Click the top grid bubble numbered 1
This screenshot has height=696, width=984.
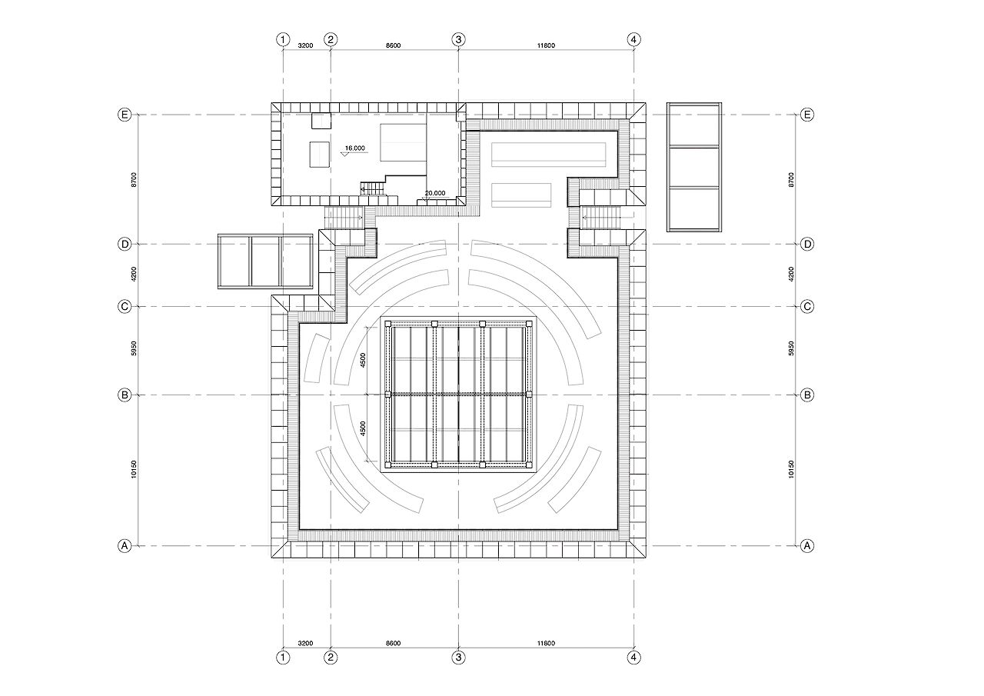coord(283,39)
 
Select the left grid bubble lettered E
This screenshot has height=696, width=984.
coord(125,115)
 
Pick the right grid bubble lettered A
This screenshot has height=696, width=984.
coord(807,546)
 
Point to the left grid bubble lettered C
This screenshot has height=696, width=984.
coord(125,306)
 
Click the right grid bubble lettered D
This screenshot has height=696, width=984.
coord(807,244)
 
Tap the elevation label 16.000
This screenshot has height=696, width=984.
coord(355,148)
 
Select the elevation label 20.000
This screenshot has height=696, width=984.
coord(435,193)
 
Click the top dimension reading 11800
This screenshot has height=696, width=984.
coord(546,45)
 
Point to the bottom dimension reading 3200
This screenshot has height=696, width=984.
coord(305,643)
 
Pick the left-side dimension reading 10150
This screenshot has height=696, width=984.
coord(134,469)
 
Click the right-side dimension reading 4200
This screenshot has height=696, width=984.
coord(791,275)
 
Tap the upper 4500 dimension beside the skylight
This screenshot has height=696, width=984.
coord(363,360)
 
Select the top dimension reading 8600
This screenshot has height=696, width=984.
coord(393,45)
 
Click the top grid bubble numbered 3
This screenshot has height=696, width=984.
coord(458,39)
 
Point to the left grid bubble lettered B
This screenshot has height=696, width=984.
coord(125,395)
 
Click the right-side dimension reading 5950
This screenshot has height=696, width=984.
coord(791,348)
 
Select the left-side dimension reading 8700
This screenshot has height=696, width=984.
coord(134,180)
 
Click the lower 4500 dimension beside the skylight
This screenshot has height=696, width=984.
coord(363,428)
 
